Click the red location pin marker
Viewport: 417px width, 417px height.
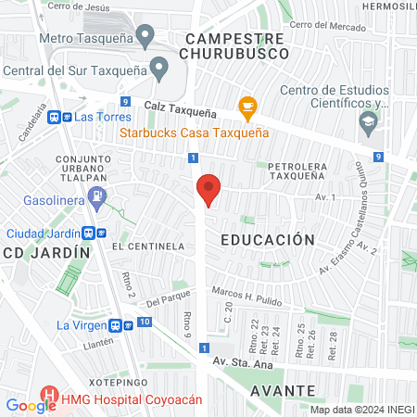click(208, 190)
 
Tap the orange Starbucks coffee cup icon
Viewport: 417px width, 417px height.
click(246, 107)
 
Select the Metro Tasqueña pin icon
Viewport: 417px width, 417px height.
click(145, 37)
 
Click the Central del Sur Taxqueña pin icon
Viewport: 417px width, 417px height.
click(159, 69)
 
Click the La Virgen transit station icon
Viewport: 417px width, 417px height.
click(116, 325)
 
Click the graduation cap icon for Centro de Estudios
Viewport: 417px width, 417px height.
click(369, 121)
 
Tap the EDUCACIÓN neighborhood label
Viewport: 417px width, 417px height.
click(268, 239)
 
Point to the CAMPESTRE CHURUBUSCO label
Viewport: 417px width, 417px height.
click(234, 46)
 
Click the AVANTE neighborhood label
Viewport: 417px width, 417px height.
click(282, 390)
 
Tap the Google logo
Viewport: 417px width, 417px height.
click(31, 405)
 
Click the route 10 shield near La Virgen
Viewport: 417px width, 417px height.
click(144, 322)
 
